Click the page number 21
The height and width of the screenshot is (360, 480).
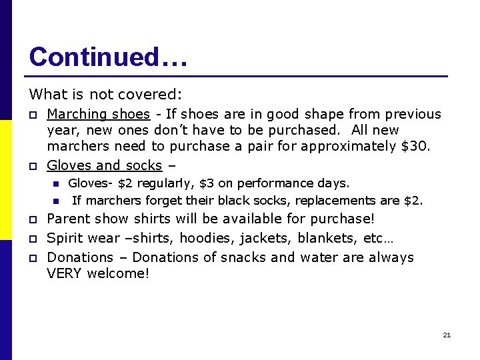(447, 335)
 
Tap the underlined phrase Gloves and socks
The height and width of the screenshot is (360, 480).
(104, 165)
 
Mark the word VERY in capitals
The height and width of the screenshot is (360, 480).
(65, 274)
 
